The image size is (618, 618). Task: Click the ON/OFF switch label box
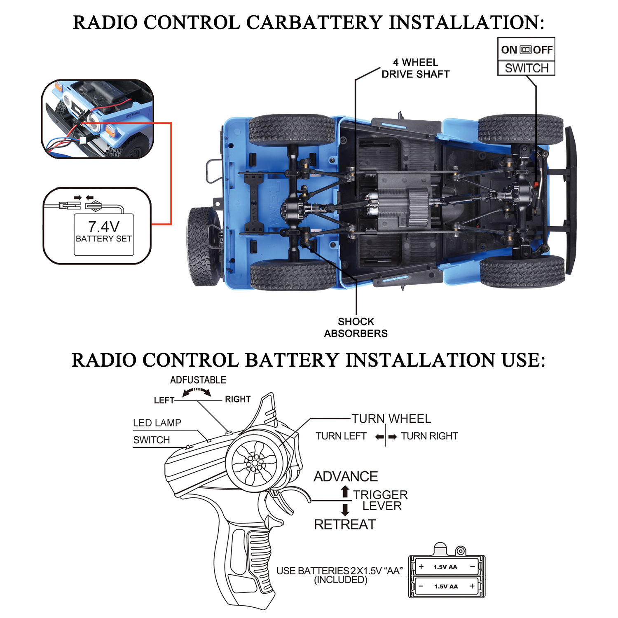(x=526, y=57)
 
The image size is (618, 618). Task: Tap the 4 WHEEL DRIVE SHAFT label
(x=415, y=68)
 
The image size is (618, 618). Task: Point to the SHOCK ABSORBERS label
(x=356, y=328)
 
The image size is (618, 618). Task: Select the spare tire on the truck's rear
(x=203, y=246)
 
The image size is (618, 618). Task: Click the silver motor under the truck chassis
(x=373, y=205)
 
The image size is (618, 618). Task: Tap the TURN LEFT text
(x=341, y=436)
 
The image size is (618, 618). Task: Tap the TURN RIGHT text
(x=429, y=436)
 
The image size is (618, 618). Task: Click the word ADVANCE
(x=346, y=476)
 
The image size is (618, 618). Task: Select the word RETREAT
(x=345, y=524)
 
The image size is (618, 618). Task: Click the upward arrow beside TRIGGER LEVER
(x=345, y=492)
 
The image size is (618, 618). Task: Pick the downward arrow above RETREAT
(x=345, y=510)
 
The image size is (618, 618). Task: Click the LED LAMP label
(x=157, y=423)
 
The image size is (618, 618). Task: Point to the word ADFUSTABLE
(x=198, y=380)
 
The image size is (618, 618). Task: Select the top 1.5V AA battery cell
(x=446, y=567)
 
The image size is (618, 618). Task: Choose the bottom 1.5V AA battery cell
(x=446, y=586)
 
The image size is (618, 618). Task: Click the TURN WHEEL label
(x=391, y=419)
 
